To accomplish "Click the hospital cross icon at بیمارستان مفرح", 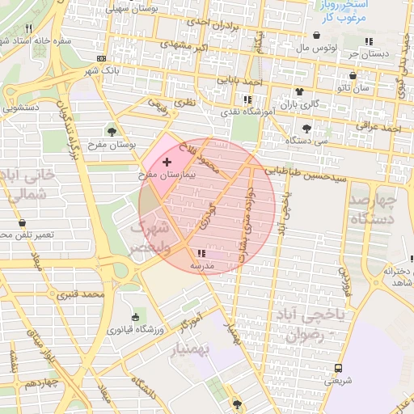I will point(167,163).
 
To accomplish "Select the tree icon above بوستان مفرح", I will point(112,131).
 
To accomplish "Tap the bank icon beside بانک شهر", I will point(100,58).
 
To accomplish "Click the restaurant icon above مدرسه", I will point(201,254).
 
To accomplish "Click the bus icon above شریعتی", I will point(338,368).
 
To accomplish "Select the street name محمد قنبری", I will point(82,294).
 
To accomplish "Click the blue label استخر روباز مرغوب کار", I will point(339,11).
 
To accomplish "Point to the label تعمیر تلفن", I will point(24,234).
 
